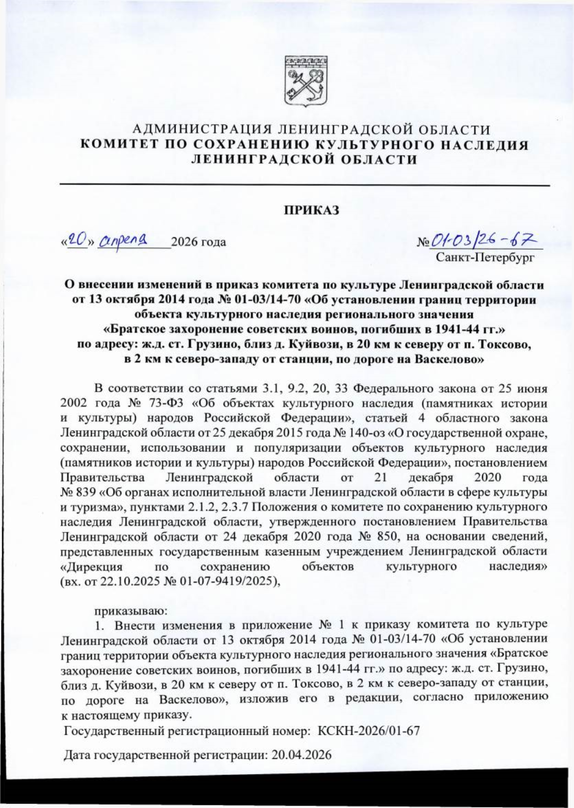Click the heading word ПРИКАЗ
[x=312, y=210]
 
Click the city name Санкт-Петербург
[x=484, y=258]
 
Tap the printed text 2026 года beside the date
[x=199, y=242]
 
